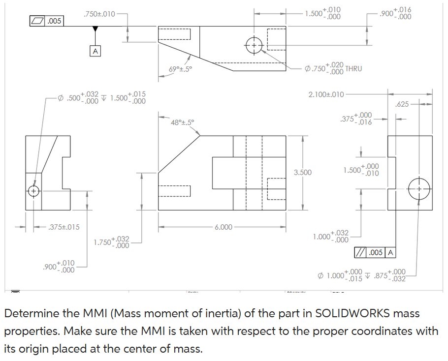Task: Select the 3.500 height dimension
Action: tap(303, 172)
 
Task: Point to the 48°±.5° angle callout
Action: tap(183, 121)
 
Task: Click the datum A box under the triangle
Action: tap(96, 50)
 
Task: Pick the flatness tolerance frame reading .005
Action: tap(47, 21)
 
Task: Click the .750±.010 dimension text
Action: tap(99, 14)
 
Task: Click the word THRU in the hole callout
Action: tap(353, 68)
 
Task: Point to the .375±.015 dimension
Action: tap(64, 227)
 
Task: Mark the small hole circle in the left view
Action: tap(34, 191)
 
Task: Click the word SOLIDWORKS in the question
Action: tap(349, 314)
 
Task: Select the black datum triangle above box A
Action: tap(96, 30)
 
